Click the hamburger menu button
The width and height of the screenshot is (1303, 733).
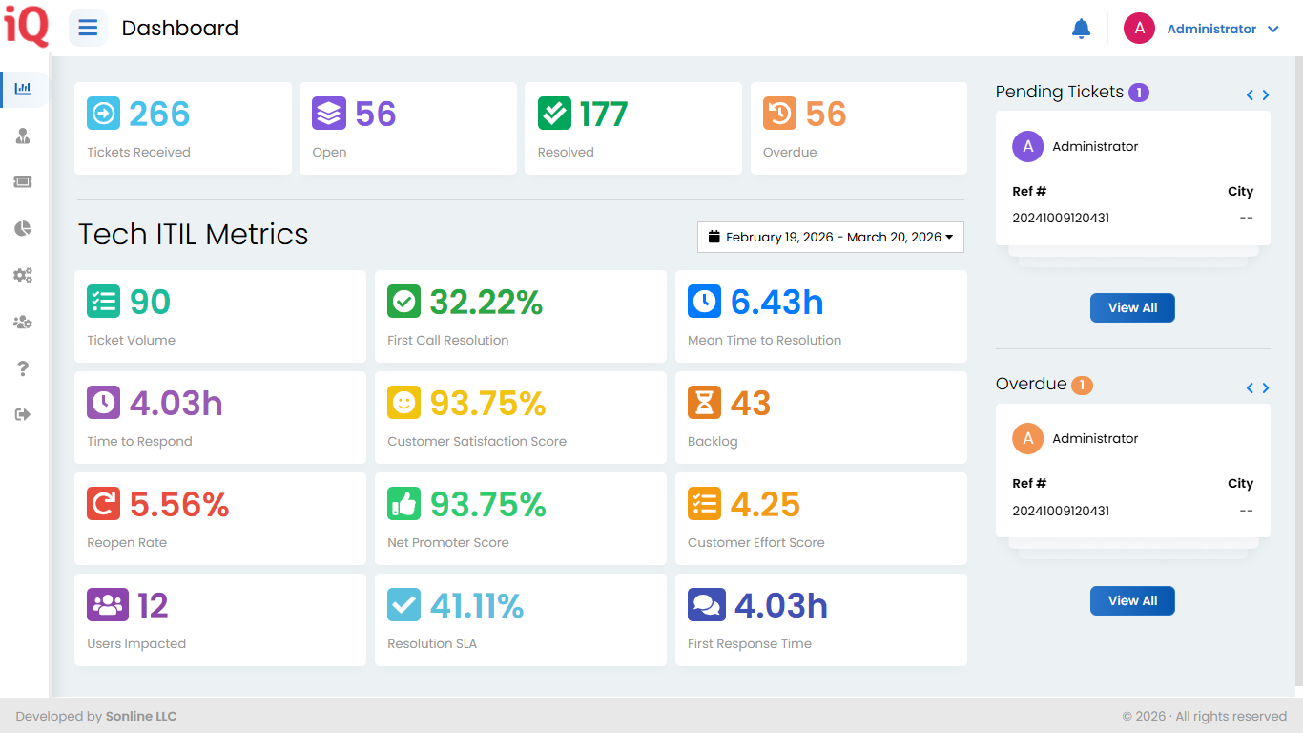click(88, 28)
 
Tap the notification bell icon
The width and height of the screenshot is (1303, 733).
click(1081, 29)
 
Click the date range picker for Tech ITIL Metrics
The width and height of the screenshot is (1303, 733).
click(830, 237)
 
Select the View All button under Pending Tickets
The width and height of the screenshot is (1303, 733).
click(1132, 307)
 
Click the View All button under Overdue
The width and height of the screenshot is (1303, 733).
click(1132, 600)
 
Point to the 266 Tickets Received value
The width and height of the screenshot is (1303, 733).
click(159, 115)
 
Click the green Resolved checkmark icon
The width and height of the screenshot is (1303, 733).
click(554, 114)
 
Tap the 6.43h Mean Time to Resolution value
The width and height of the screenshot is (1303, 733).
click(776, 303)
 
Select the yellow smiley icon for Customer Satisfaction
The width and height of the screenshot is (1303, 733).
click(403, 403)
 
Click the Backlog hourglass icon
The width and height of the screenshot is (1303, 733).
click(704, 403)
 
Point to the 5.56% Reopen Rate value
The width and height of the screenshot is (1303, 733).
click(179, 505)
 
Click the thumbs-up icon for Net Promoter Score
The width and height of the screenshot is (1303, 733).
click(403, 504)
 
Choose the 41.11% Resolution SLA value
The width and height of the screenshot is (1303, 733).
click(476, 606)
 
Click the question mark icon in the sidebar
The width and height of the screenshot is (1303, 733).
click(24, 369)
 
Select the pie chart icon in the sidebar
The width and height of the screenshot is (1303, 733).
click(23, 228)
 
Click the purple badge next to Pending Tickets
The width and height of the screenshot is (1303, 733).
click(1138, 93)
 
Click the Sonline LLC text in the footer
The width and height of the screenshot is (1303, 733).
click(141, 716)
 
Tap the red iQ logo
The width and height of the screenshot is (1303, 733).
click(26, 27)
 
